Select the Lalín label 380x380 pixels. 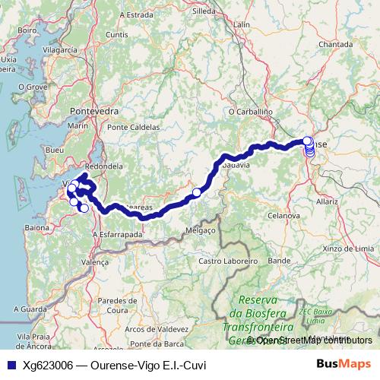pyautogui.click(x=242, y=25)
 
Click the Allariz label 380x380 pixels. pyautogui.click(x=328, y=203)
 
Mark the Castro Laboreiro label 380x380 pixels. pyautogui.click(x=226, y=261)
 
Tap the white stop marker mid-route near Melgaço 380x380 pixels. pyautogui.click(x=196, y=193)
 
